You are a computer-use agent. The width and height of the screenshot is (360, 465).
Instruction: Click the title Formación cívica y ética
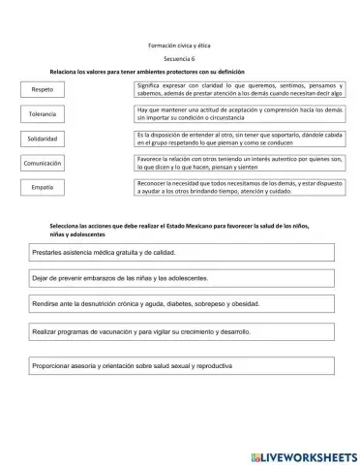(179, 46)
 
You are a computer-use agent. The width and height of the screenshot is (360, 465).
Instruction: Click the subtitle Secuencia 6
(179, 60)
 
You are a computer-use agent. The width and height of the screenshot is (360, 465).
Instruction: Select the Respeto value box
(43, 90)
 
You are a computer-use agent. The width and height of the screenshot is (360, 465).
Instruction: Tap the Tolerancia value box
(43, 114)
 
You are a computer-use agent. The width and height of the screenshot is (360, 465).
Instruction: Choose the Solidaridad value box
(43, 139)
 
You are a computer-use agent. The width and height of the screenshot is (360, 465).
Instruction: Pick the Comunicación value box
(43, 164)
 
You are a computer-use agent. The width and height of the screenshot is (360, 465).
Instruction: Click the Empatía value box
(43, 187)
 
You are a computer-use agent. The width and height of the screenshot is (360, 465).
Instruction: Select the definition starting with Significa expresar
(240, 90)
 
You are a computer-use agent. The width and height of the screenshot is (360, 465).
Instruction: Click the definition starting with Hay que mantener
(240, 114)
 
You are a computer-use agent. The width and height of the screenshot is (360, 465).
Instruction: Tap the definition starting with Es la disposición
(240, 139)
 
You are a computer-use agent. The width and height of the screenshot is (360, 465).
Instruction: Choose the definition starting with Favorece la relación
(240, 162)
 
